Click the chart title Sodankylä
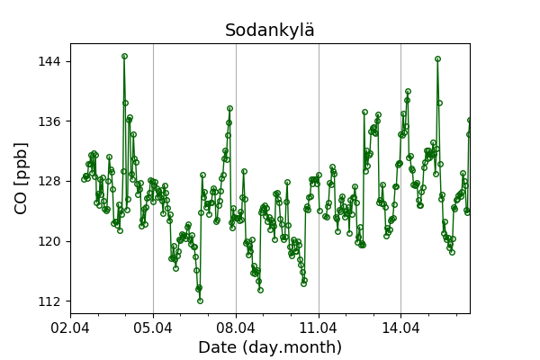(x=270, y=31)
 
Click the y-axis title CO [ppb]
(x=21, y=178)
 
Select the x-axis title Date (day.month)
(x=270, y=347)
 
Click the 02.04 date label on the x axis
(x=70, y=326)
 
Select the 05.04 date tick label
(x=153, y=326)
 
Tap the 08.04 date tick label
(x=236, y=326)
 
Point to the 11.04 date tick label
(x=319, y=326)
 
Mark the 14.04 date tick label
(x=400, y=326)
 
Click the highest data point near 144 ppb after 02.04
(x=124, y=56)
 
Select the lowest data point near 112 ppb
(x=200, y=301)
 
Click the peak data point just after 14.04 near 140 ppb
(x=408, y=91)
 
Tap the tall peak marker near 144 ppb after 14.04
(x=437, y=59)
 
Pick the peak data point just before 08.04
(x=229, y=109)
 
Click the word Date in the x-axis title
(x=217, y=347)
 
